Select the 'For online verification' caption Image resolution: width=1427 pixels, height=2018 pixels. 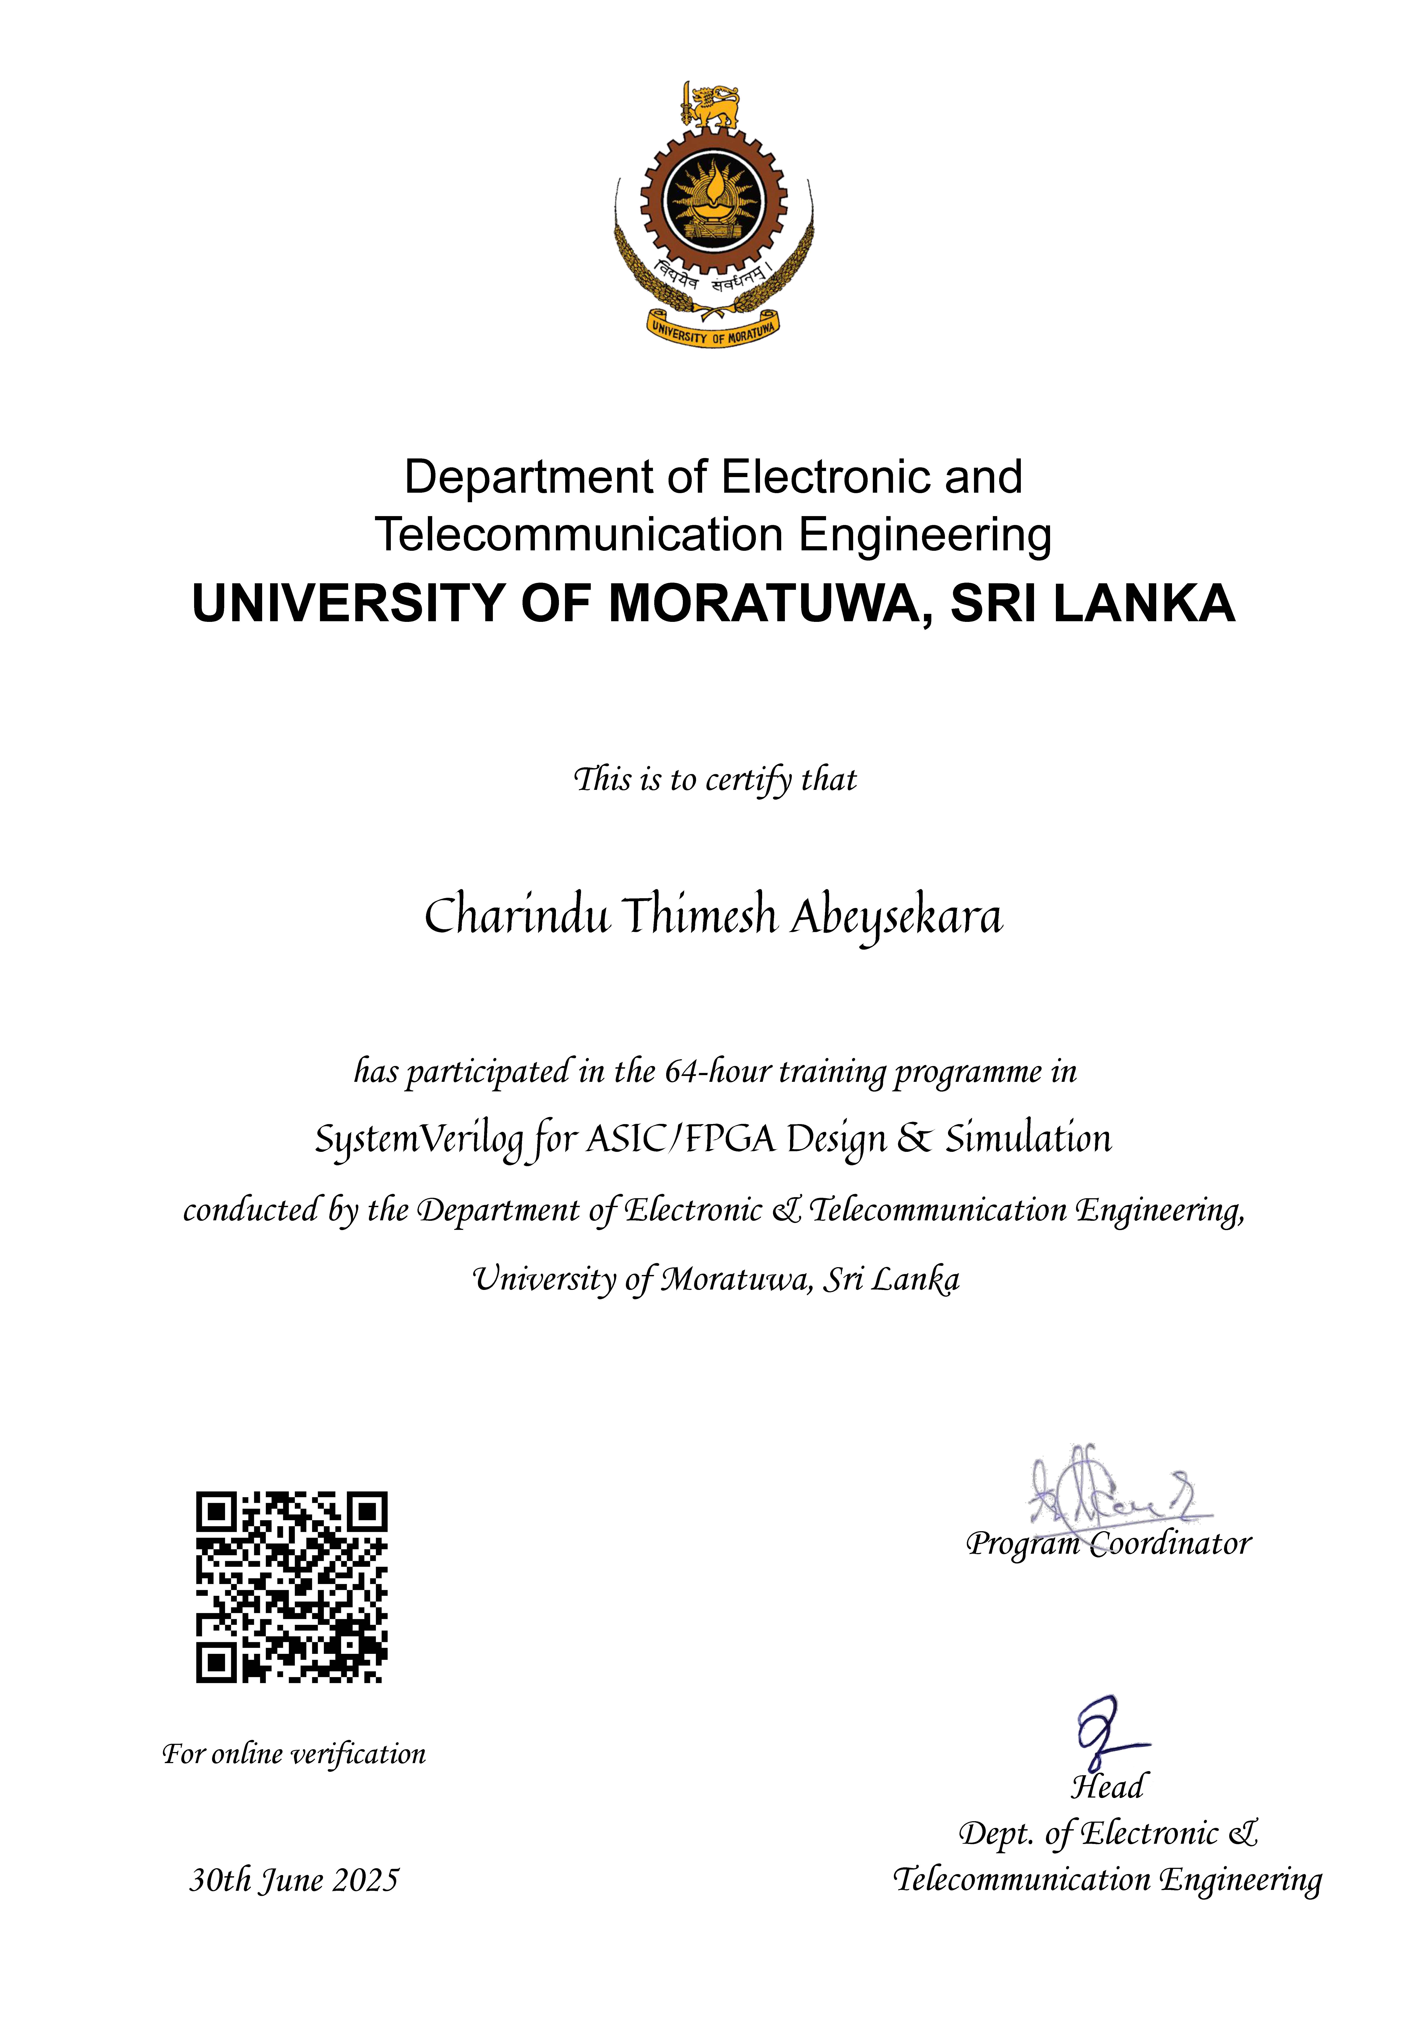pos(294,1754)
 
